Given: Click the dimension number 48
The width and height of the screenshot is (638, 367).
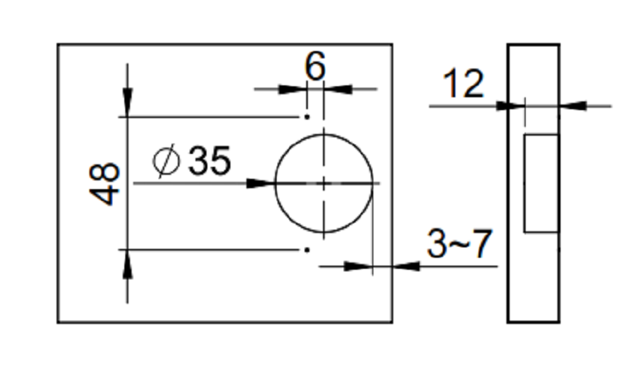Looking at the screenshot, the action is tap(104, 184).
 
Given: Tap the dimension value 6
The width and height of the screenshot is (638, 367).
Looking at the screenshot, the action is tap(315, 66).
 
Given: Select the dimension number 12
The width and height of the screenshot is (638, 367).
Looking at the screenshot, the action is tap(463, 84).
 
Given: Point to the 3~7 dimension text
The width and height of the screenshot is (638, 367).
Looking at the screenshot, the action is tap(460, 243).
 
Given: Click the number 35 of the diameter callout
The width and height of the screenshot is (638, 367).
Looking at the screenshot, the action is tap(210, 160).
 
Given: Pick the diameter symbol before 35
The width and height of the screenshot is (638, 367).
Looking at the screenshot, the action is tap(167, 160).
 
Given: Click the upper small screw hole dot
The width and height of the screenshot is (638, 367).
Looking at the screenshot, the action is tap(307, 116).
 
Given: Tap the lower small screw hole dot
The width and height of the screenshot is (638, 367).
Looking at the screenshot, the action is tap(307, 250).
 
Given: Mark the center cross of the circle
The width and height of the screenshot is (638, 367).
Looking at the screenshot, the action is tap(324, 183).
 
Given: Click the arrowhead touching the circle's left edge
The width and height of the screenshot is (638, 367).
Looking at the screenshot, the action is tap(262, 183).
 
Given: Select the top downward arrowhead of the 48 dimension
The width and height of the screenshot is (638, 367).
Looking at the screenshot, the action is tap(128, 101).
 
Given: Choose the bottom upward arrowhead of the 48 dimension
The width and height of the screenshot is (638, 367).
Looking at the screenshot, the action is tap(128, 264).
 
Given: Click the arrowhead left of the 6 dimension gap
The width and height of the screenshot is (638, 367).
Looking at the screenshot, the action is tap(292, 89).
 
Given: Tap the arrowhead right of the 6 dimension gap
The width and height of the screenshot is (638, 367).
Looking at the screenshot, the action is tap(338, 89).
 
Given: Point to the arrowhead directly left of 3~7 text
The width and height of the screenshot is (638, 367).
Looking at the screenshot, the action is tap(407, 266).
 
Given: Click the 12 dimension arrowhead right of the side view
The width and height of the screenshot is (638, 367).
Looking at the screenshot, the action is tap(573, 106).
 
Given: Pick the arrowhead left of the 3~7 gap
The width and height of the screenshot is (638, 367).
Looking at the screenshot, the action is tap(358, 266).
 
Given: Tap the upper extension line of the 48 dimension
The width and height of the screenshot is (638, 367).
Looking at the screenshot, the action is tap(210, 116).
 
